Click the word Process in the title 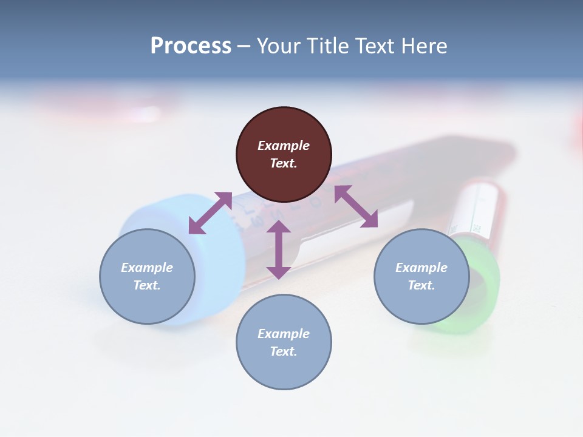191,46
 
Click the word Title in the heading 327,46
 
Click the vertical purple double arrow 279,249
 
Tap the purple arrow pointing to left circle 210,212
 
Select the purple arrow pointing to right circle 356,206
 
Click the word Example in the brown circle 284,146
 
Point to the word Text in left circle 147,285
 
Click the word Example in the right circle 421,268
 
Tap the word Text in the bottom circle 284,351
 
